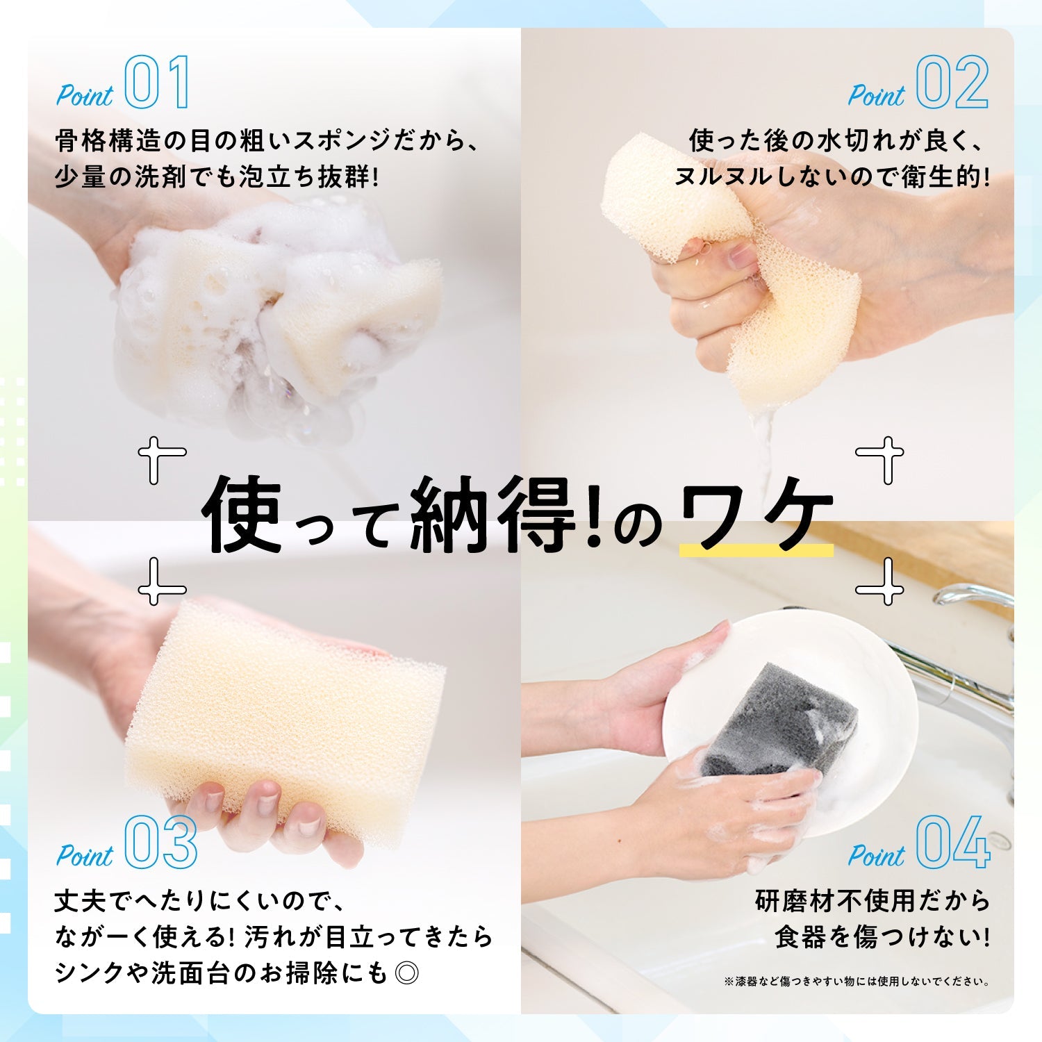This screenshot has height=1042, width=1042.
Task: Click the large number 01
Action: [157, 82]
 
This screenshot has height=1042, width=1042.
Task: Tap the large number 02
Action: [952, 82]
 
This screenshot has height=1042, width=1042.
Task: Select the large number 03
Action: [161, 842]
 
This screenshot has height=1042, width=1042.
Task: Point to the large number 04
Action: [953, 842]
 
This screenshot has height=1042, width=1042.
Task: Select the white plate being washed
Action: [792, 722]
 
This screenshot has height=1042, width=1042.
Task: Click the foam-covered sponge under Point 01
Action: [278, 320]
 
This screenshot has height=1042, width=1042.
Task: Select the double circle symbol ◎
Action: [406, 973]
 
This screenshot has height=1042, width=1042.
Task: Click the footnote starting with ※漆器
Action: [857, 982]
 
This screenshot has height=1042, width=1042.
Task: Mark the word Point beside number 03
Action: [84, 855]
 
